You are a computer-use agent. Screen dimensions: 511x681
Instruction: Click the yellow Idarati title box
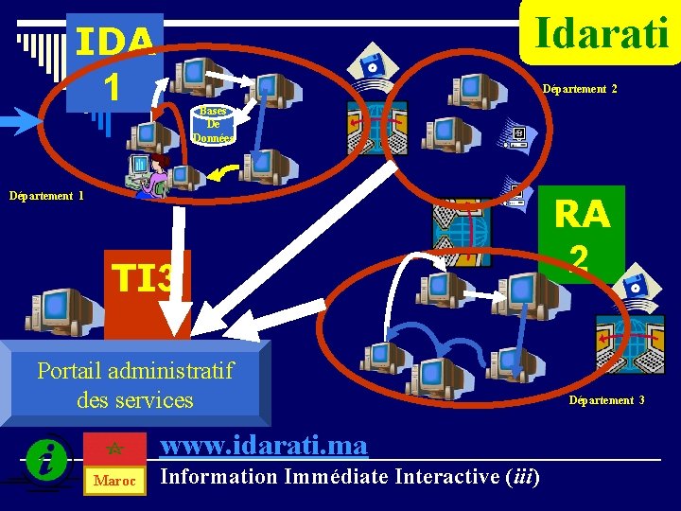(602, 32)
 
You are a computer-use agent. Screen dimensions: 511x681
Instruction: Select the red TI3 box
(147, 279)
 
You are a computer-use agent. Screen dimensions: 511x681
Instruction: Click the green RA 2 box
(582, 233)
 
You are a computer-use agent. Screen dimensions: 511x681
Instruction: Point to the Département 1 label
(46, 196)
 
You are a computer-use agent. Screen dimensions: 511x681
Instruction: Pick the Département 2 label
(579, 89)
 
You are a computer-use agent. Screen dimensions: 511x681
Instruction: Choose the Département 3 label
(606, 400)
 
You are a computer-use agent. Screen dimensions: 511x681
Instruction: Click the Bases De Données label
(213, 124)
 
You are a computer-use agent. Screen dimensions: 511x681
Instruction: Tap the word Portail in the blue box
(71, 370)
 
